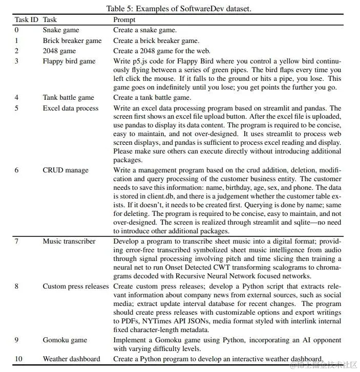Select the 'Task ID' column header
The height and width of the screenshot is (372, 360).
26,20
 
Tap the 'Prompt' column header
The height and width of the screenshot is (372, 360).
124,20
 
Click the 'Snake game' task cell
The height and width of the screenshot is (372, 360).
61,30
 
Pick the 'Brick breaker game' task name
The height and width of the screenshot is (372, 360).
72,40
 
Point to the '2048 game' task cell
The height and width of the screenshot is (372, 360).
59,51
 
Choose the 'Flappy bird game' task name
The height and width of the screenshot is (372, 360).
69,61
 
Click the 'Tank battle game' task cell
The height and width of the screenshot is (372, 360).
68,98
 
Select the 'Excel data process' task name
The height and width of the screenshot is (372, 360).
71,108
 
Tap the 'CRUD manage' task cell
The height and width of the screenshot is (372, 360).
66,170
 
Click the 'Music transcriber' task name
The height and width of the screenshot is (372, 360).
69,241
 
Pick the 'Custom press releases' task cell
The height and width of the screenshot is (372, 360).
76,287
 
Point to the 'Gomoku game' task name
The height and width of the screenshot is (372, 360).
65,340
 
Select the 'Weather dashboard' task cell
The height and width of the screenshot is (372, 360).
71,359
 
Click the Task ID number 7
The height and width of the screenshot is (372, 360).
17,241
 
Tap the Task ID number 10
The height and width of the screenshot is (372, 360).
18,359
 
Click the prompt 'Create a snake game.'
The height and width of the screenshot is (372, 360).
145,30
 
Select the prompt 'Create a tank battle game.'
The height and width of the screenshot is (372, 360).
152,98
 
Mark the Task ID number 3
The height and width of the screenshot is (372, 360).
17,61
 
